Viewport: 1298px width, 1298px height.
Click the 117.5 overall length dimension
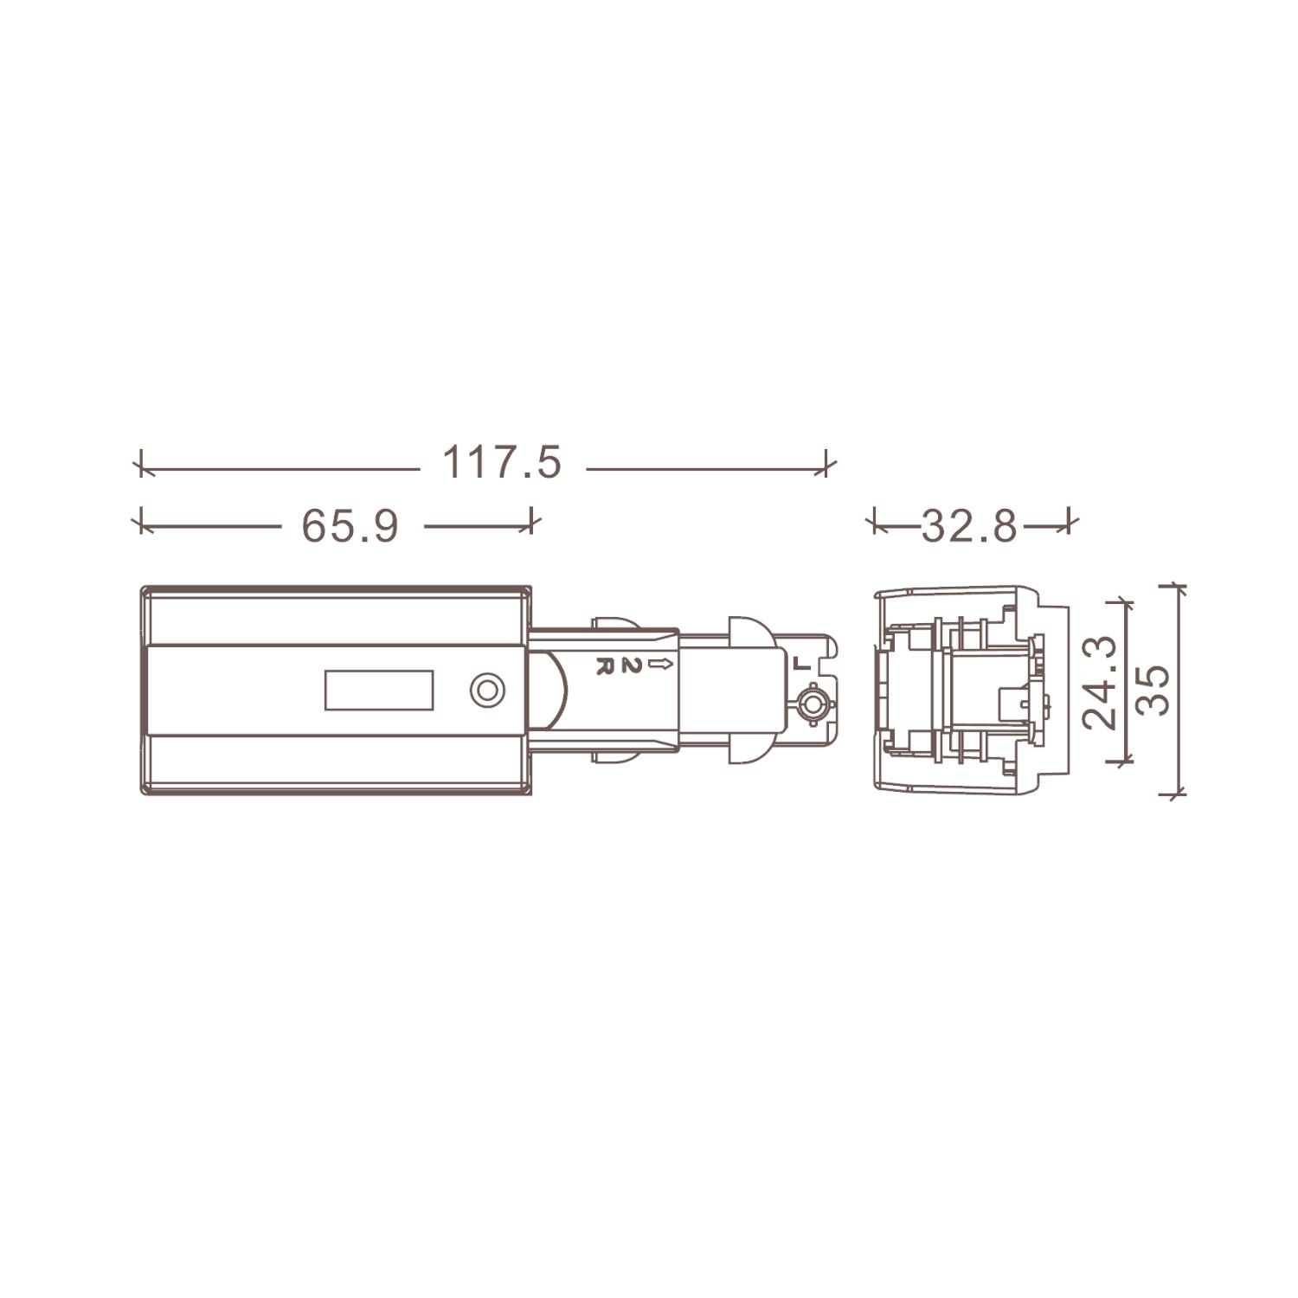[502, 462]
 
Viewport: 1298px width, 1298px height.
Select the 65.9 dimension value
[350, 525]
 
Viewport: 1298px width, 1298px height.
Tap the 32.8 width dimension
[969, 525]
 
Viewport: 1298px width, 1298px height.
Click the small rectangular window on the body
[379, 690]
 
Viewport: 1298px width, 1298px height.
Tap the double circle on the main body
[487, 690]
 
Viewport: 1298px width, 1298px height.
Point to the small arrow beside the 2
[660, 665]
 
